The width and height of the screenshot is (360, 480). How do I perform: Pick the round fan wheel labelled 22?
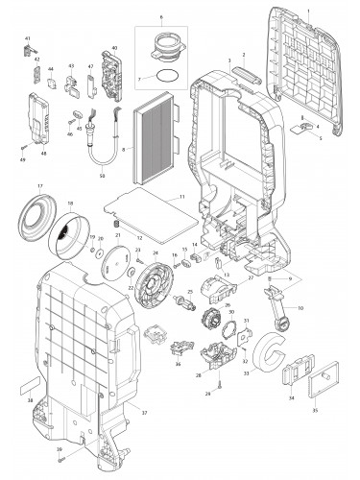[155, 287]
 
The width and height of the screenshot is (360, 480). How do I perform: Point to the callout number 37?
[145, 412]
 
